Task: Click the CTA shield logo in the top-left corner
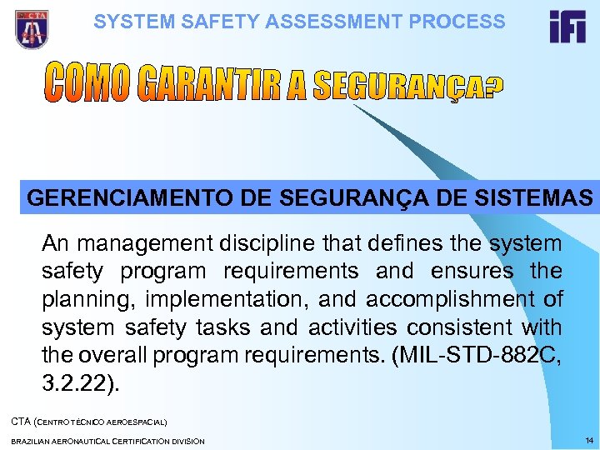[31, 28]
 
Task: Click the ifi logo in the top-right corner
[567, 27]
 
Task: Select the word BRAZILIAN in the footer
[33, 440]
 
